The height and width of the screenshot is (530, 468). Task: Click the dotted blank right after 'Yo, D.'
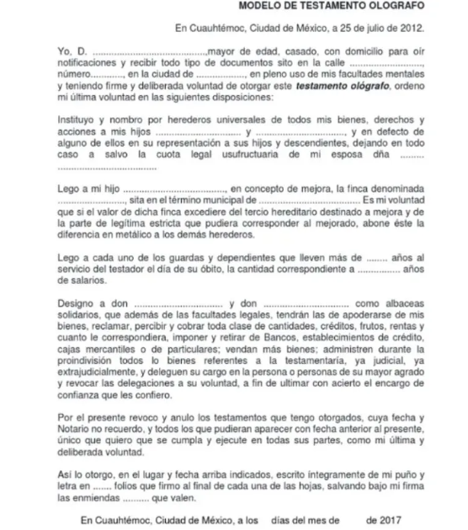pyautogui.click(x=152, y=51)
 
